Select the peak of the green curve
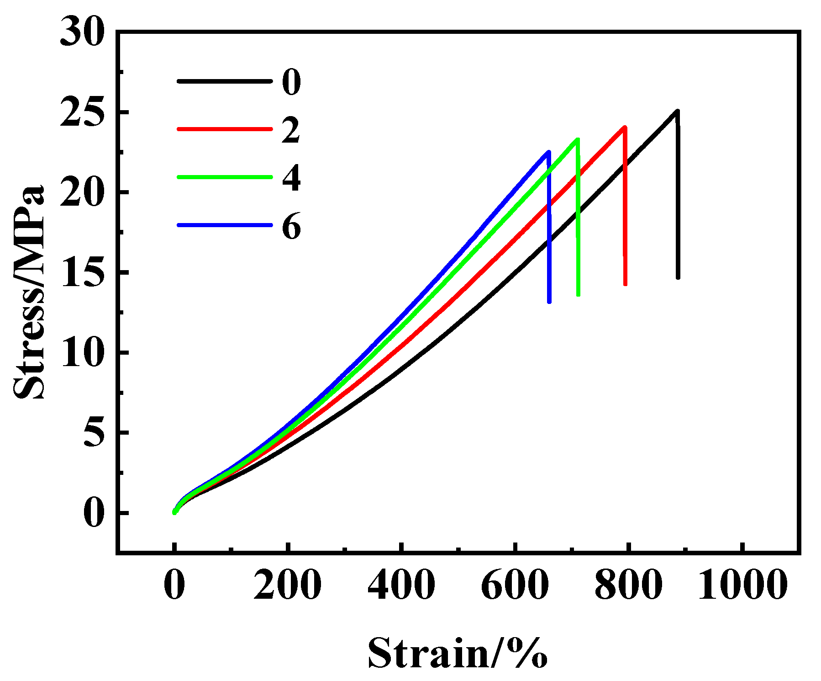pyautogui.click(x=578, y=139)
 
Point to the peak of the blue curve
pyautogui.click(x=548, y=152)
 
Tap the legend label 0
pyautogui.click(x=291, y=82)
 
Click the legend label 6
pyautogui.click(x=291, y=226)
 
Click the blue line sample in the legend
pyautogui.click(x=224, y=225)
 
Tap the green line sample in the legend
pyautogui.click(x=224, y=177)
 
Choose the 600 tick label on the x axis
pyautogui.click(x=515, y=585)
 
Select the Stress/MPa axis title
pyautogui.click(x=30, y=293)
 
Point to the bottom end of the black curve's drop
pyautogui.click(x=678, y=277)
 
